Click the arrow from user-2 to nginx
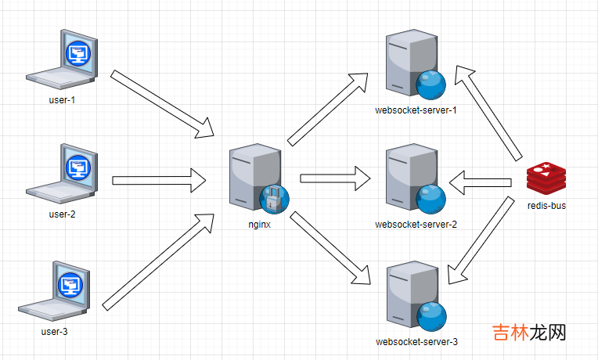click(x=159, y=181)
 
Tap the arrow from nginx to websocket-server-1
click(x=328, y=108)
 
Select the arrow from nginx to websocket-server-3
click(x=330, y=248)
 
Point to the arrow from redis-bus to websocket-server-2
click(x=480, y=183)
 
